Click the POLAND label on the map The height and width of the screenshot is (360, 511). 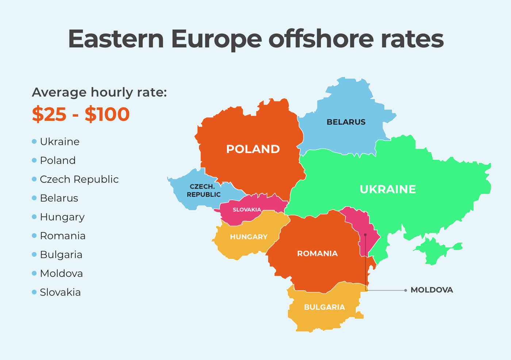point(253,149)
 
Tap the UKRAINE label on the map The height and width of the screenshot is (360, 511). point(388,189)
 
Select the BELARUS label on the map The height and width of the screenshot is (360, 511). point(346,122)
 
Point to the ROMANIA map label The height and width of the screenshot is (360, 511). point(317,253)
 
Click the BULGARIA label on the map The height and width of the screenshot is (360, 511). point(324,307)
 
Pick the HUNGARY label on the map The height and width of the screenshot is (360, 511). point(249,237)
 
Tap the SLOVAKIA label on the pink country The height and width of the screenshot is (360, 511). point(247,210)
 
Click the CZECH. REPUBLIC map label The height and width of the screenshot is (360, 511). point(203,191)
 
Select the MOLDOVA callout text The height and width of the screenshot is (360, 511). point(431,290)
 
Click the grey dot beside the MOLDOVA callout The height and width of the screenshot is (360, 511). point(406,290)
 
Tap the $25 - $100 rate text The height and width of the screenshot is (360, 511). point(81,114)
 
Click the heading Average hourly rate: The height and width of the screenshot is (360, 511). point(99,92)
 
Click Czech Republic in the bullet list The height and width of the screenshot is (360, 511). point(79,179)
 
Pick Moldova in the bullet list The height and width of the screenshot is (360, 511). point(61,274)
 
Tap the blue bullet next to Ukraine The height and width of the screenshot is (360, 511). point(34,142)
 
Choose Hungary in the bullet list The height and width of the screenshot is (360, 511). point(62,217)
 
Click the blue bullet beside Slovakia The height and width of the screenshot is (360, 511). point(34,292)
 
